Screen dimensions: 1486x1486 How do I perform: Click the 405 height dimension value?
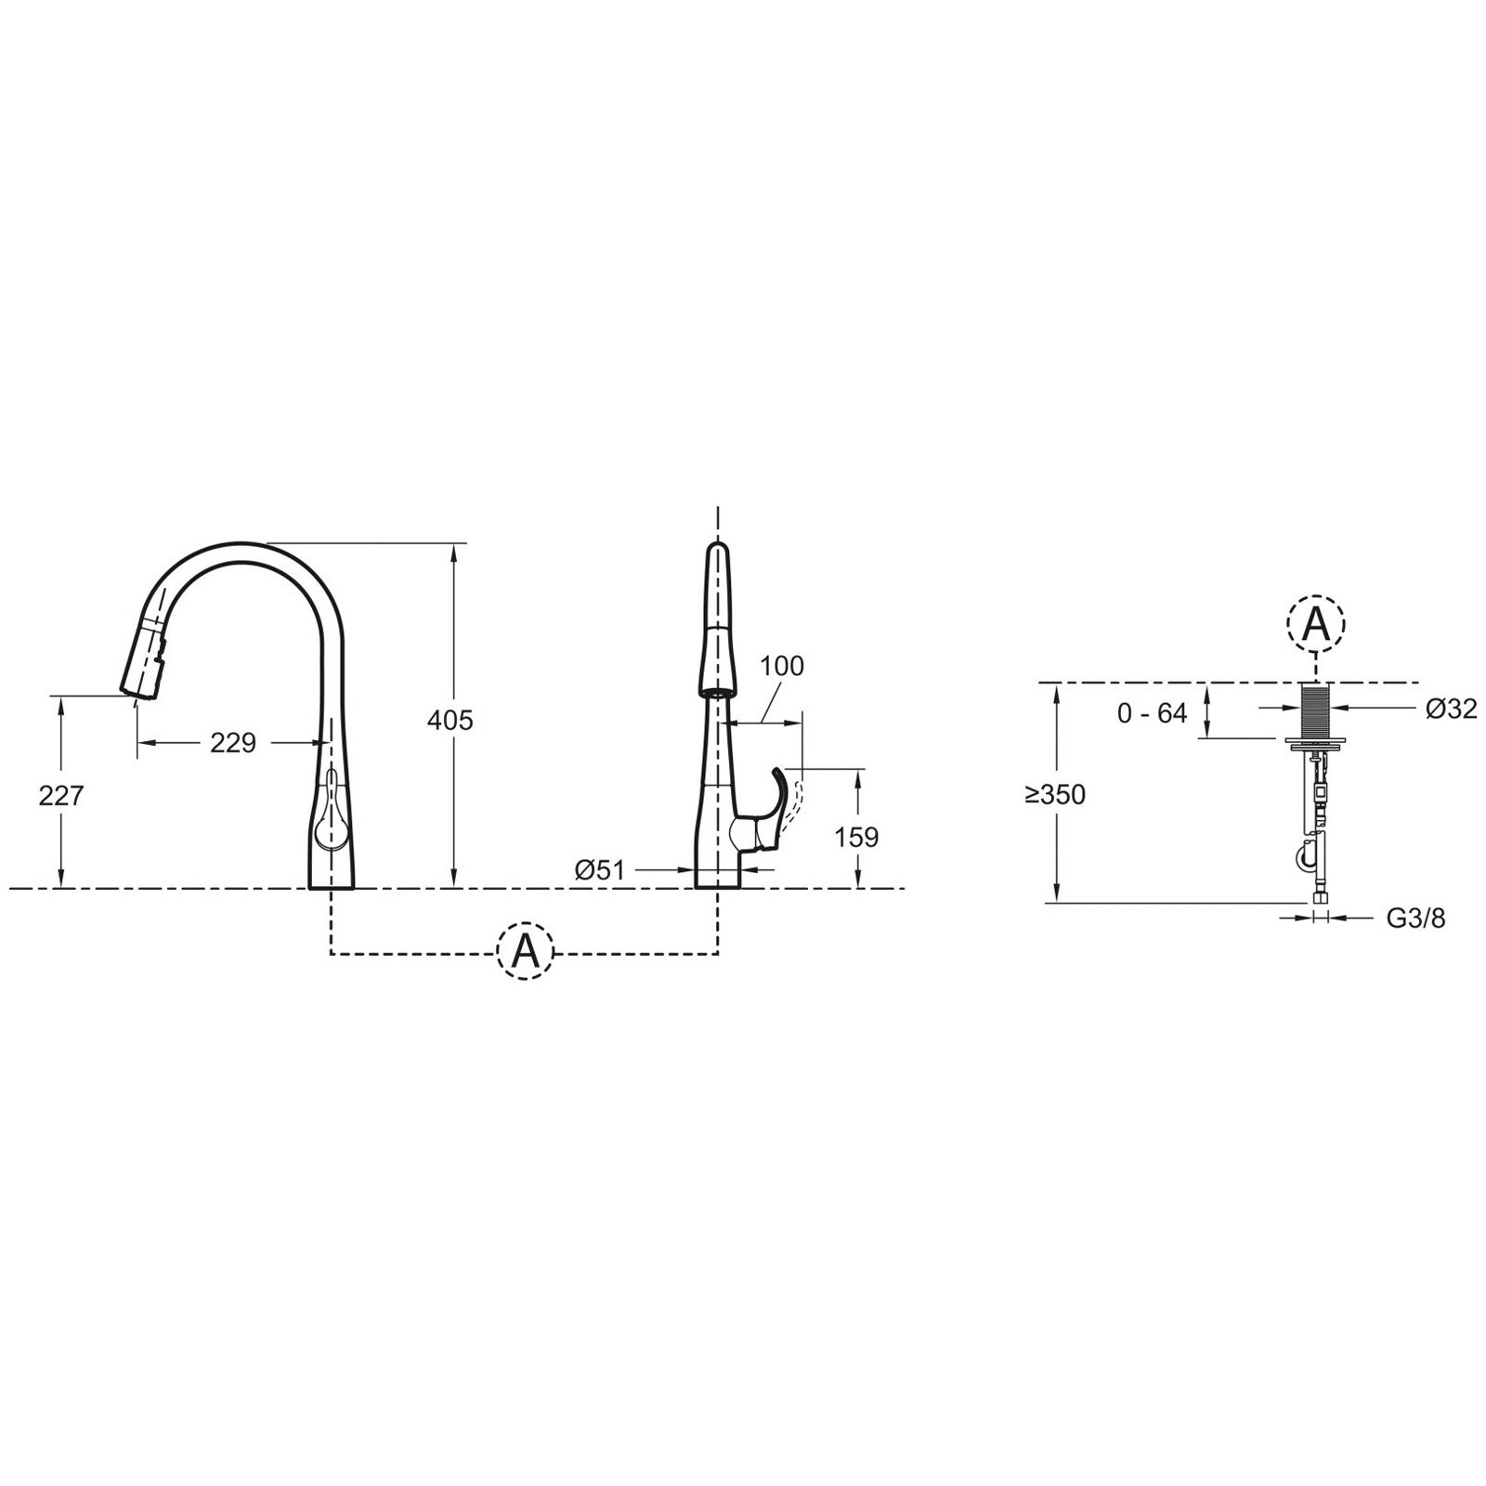pos(450,720)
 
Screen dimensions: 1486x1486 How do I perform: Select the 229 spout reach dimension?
pos(233,743)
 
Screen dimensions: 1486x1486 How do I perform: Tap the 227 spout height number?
pos(61,796)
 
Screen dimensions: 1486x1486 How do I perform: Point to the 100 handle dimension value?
pos(782,666)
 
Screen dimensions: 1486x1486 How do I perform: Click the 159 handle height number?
pos(856,837)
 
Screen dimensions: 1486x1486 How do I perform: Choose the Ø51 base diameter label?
pos(599,869)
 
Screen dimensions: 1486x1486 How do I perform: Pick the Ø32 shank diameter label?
pos(1452,709)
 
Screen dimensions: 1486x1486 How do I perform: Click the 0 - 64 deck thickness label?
pos(1153,713)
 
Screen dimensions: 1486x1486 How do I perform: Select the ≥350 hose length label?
pos(1055,795)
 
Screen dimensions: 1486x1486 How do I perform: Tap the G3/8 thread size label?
pos(1416,918)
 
